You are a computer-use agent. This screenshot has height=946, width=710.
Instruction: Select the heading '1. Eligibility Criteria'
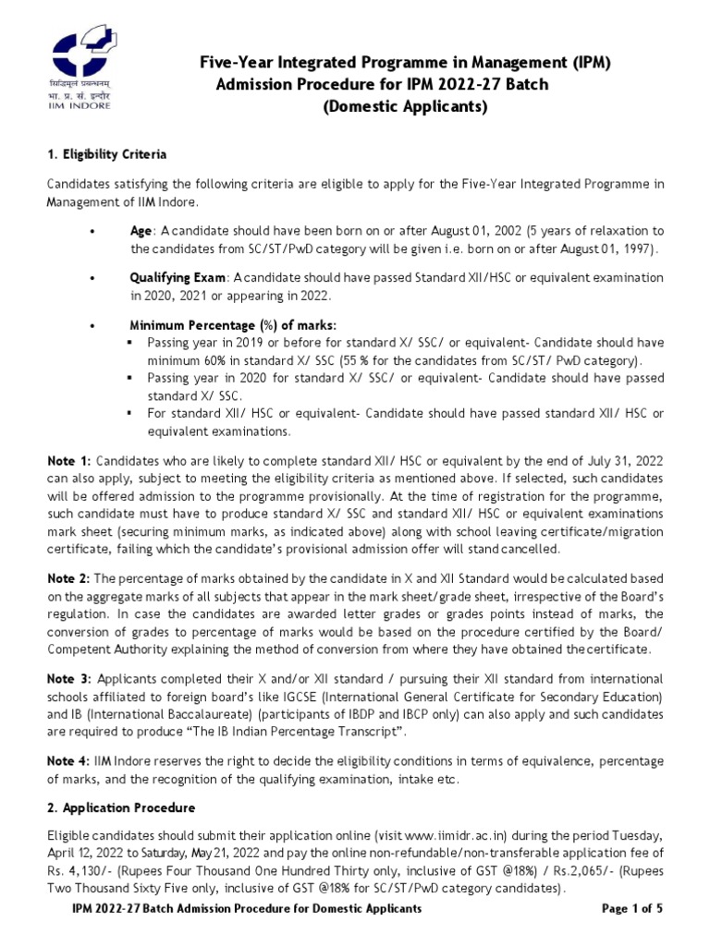click(107, 153)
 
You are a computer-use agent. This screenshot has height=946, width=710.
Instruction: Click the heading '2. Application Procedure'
click(116, 807)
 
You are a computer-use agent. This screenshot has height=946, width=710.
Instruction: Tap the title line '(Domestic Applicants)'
click(404, 107)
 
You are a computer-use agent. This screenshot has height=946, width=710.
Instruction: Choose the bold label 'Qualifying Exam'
click(177, 278)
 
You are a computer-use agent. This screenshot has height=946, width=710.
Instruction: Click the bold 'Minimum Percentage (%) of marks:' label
click(233, 325)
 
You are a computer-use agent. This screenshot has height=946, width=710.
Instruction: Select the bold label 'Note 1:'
click(69, 461)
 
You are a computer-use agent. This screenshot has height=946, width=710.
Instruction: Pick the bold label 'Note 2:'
click(69, 578)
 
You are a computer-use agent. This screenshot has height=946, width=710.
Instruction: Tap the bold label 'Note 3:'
click(70, 679)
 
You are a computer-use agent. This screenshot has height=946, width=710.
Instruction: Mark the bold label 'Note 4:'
click(69, 760)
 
